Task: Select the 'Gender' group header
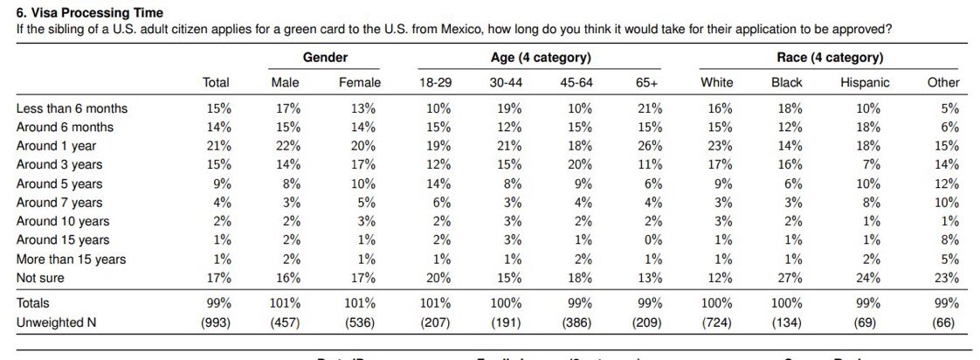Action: tap(325, 58)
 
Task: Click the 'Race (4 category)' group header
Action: tap(830, 58)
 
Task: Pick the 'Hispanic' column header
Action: tap(865, 82)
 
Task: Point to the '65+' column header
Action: tap(647, 82)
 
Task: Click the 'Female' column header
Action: tap(360, 82)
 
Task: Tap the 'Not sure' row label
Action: tap(41, 278)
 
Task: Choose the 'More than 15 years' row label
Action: tap(72, 259)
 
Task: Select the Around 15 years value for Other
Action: tap(950, 240)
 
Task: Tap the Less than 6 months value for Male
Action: tap(288, 108)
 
